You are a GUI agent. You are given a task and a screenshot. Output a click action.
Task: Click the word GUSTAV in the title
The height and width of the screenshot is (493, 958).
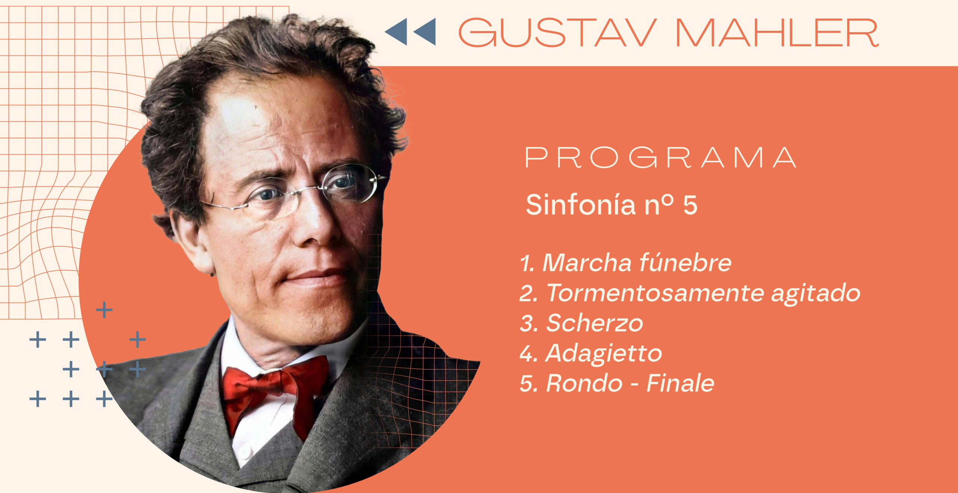[x=558, y=33]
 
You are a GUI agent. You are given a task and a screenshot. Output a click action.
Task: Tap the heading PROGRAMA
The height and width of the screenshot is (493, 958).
[x=661, y=157]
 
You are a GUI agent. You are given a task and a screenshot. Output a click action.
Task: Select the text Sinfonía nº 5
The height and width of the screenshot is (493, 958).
[x=611, y=205]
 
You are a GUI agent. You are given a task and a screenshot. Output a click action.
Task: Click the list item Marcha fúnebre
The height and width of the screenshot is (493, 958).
[x=626, y=263]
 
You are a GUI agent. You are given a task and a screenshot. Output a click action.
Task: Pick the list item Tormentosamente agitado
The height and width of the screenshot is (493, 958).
[x=690, y=293]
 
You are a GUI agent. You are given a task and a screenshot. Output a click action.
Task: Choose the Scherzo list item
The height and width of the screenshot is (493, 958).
[x=582, y=323]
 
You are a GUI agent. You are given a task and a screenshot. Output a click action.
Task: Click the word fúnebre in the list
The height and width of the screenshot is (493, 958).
[x=685, y=263]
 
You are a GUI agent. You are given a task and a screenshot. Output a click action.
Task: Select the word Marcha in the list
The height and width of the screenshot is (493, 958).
[x=587, y=263]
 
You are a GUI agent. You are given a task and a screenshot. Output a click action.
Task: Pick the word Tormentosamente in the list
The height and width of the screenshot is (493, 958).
[x=655, y=293]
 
